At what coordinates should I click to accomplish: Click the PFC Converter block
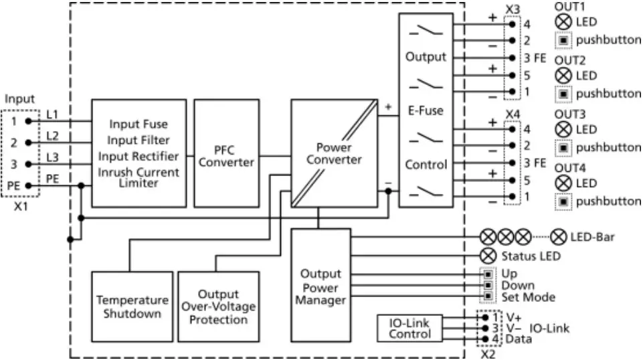coord(226,153)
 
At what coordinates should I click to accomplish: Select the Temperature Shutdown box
coord(131,306)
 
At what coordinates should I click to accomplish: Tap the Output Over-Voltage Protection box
coord(218,306)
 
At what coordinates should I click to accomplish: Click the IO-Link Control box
coord(409,328)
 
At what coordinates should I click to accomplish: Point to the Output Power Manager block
coord(320,286)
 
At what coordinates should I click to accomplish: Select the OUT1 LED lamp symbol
coord(563,21)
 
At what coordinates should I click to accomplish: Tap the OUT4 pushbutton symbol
coord(563,201)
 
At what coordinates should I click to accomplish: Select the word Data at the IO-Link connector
coord(519,339)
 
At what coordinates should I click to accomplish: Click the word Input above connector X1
coord(19,99)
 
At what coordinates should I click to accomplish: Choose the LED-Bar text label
coord(592,237)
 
